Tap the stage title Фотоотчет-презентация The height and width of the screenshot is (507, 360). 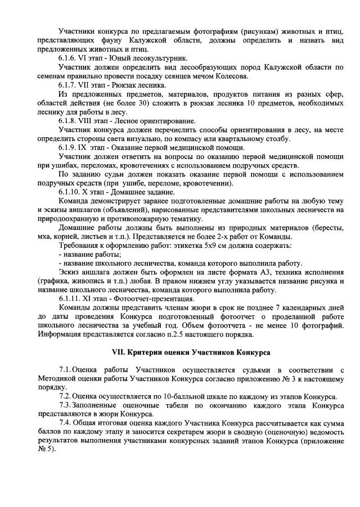pos(152,300)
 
